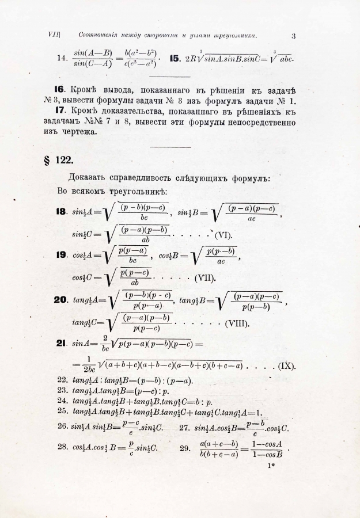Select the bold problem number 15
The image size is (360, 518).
click(175, 59)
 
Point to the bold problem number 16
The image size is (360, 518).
click(59, 90)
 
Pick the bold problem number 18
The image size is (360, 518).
click(62, 212)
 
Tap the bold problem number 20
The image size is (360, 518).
click(62, 300)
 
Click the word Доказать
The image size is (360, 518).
click(88, 178)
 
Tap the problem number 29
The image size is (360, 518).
click(185, 447)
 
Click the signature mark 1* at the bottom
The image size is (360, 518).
click(272, 469)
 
